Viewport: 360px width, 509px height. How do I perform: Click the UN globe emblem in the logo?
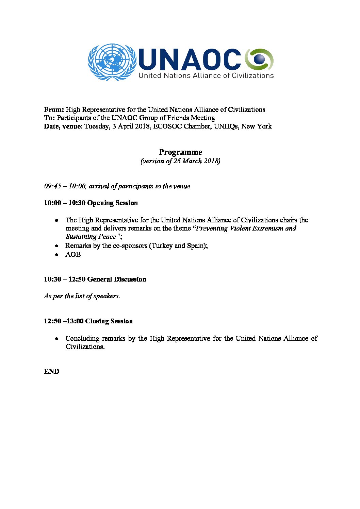[x=112, y=62]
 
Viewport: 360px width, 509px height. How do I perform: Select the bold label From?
[x=54, y=109]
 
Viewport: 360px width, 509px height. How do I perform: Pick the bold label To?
[x=49, y=118]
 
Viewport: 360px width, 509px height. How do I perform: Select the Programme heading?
[x=180, y=152]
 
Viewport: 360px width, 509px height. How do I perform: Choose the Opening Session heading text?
[x=112, y=203]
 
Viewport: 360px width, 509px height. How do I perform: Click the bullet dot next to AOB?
[x=57, y=254]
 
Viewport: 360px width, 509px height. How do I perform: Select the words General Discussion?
[x=117, y=279]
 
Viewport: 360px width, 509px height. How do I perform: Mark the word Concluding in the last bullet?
[x=82, y=338]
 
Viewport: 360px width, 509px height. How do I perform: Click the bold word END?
[x=52, y=371]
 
